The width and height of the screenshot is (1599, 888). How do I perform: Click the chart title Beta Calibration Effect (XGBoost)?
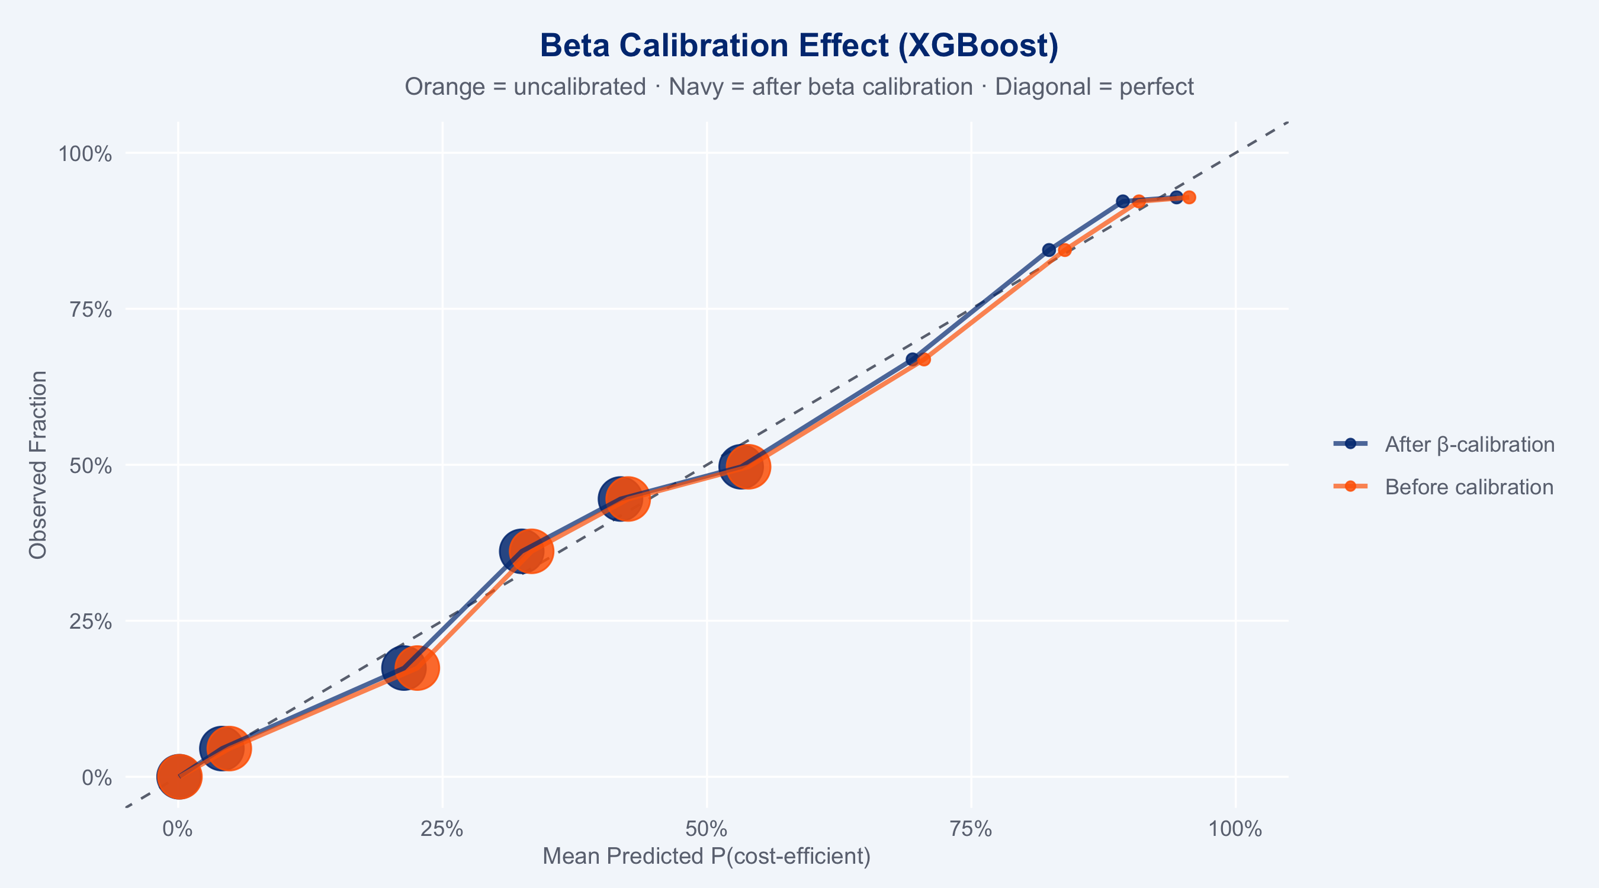[799, 46]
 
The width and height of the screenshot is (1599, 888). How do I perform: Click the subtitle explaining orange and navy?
[799, 87]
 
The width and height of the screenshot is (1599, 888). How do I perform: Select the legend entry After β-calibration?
[1469, 445]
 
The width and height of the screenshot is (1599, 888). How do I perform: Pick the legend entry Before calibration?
[1469, 487]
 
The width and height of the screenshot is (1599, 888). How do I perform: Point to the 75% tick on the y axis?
[93, 310]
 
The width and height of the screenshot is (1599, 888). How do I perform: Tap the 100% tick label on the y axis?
[85, 154]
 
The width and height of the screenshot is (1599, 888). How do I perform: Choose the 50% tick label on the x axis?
[707, 828]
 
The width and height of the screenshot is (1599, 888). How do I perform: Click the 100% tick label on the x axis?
[1237, 828]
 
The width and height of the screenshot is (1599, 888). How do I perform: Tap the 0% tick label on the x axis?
[178, 828]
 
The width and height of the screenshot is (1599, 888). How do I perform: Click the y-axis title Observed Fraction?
[38, 465]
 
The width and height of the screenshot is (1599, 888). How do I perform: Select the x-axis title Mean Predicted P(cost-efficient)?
[707, 857]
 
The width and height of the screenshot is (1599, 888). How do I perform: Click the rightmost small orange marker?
[1189, 197]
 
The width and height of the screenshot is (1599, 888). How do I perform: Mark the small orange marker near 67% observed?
[924, 359]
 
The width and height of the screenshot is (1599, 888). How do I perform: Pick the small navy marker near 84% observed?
[1049, 250]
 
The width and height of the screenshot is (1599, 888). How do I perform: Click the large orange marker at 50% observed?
[749, 466]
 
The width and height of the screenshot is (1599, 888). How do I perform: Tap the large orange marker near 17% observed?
[418, 668]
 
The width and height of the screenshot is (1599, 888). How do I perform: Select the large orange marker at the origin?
[179, 776]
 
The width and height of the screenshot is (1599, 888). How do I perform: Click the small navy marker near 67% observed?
[912, 359]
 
